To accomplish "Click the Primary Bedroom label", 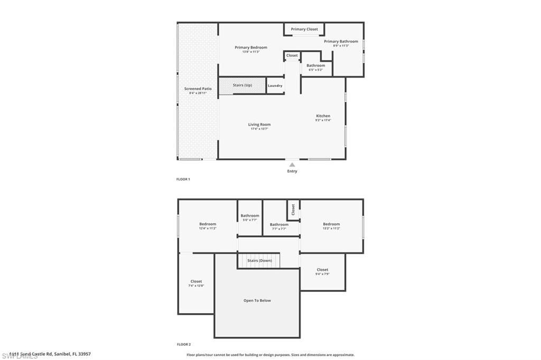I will click(x=251, y=48).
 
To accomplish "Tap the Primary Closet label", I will click(x=304, y=29).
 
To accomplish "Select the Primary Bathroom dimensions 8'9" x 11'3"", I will click(x=341, y=46).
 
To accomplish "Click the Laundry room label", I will click(x=275, y=86).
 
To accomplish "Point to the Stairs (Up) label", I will click(x=242, y=85).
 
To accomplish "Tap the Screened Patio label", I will click(x=198, y=89).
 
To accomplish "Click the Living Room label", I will click(x=259, y=125).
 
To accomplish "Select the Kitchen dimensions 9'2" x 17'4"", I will click(x=323, y=120).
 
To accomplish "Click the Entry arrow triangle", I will click(x=292, y=165).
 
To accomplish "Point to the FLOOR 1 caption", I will click(x=183, y=179).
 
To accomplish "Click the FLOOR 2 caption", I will click(x=183, y=344).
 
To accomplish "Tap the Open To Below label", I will click(x=257, y=300).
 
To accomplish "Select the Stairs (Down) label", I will click(x=259, y=261).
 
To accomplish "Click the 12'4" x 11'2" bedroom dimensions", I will click(x=208, y=229).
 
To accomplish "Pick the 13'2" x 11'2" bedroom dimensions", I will click(x=331, y=229).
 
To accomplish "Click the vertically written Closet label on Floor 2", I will click(x=293, y=210).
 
